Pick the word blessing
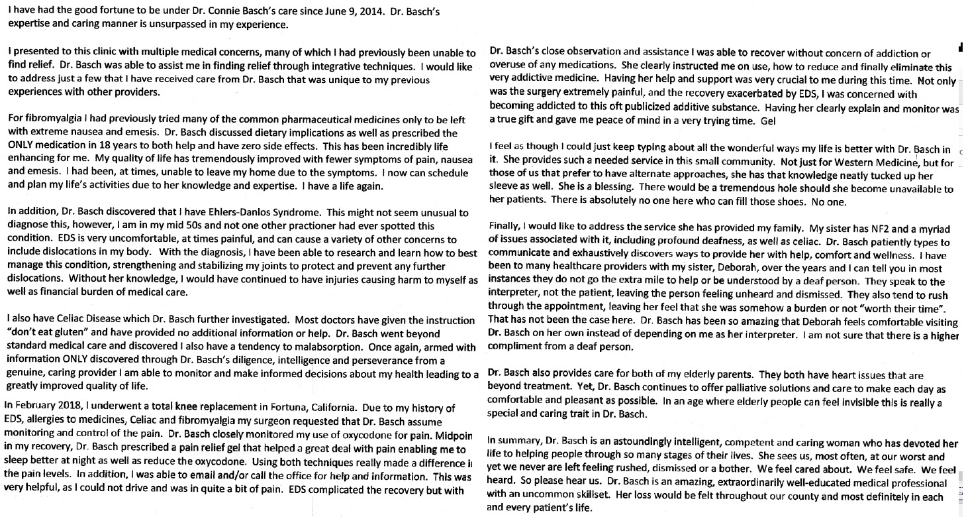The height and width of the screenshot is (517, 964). click(x=599, y=189)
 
